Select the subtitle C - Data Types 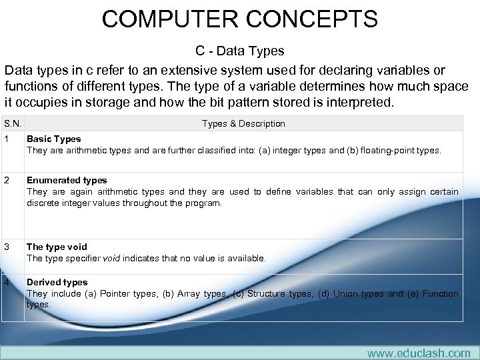(x=239, y=51)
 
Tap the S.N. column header (x=12, y=123)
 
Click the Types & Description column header (x=243, y=123)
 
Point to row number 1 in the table (x=5, y=139)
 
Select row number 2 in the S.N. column (x=5, y=180)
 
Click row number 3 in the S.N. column (x=5, y=247)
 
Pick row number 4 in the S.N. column (x=5, y=282)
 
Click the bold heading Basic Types (x=53, y=139)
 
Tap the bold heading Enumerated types (x=67, y=180)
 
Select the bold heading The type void (x=57, y=247)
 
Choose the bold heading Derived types (x=57, y=282)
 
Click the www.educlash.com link (x=418, y=353)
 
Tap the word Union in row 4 (x=345, y=293)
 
